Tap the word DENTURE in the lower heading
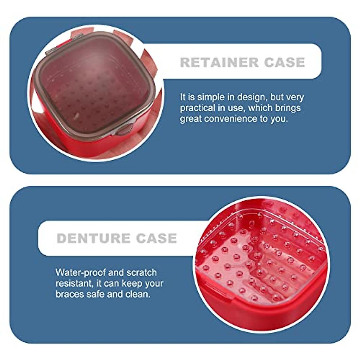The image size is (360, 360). point(93,238)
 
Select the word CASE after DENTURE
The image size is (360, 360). point(156,238)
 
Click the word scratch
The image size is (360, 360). point(142,273)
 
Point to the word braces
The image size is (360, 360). point(70,294)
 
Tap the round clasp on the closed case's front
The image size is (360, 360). point(124,130)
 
